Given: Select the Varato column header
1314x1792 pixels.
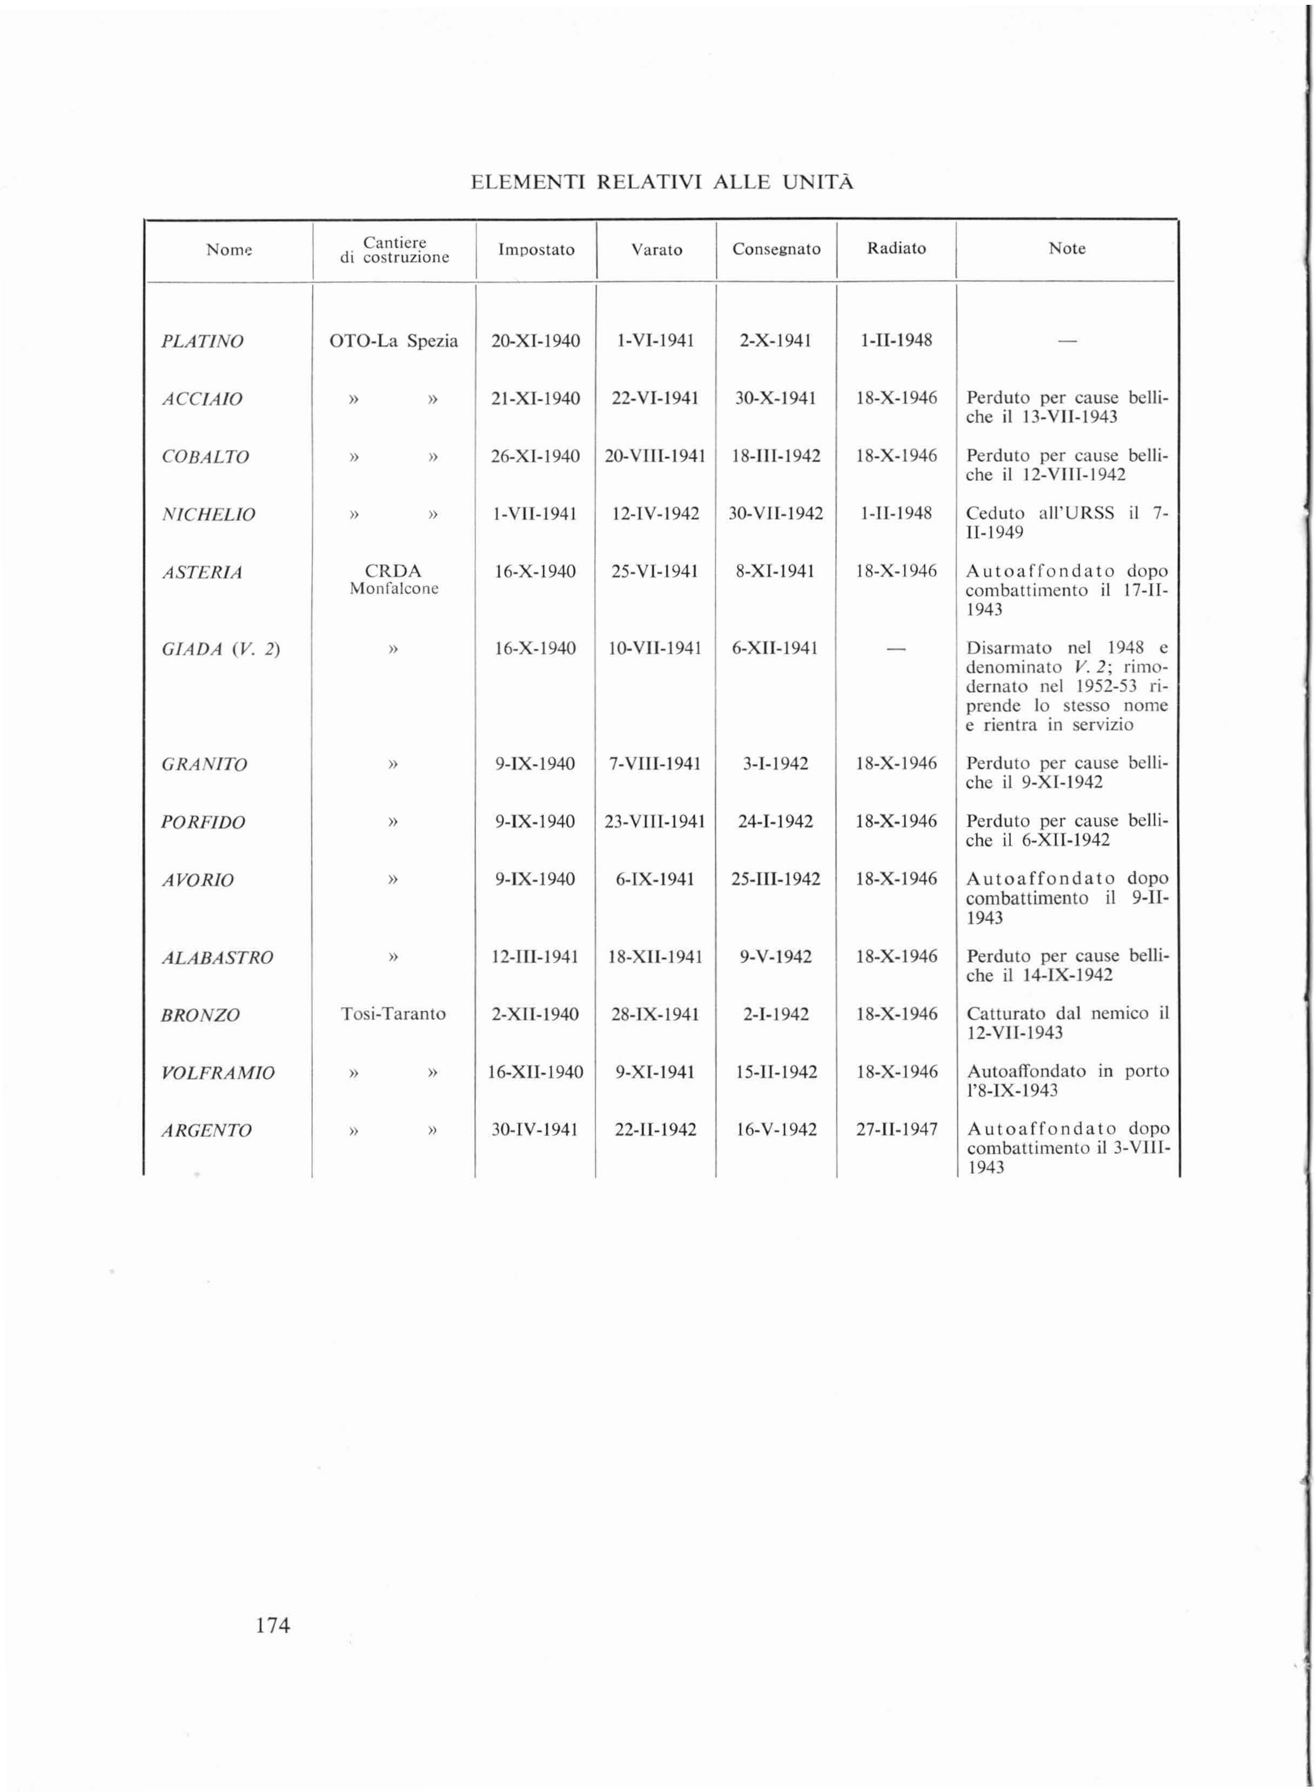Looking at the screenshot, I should [656, 250].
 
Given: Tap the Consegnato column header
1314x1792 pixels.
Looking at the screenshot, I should [776, 249].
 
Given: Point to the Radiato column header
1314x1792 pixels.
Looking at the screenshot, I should [896, 248].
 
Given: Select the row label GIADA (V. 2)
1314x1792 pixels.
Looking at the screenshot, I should [220, 649].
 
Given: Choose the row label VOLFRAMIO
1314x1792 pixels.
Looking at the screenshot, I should [218, 1073].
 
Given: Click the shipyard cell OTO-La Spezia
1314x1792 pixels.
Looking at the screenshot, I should [394, 341].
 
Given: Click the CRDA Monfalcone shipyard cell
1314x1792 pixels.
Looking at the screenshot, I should [394, 580].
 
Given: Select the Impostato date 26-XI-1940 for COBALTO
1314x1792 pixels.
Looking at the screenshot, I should [535, 457].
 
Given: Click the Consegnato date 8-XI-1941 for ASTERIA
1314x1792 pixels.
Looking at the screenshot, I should [775, 571].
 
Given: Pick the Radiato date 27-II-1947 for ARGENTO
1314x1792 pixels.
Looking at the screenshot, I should [896, 1129].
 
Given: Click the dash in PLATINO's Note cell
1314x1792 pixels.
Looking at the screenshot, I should [1067, 341].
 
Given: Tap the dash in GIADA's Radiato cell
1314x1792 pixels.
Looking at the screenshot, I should [896, 649].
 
